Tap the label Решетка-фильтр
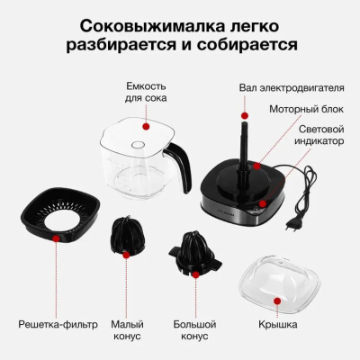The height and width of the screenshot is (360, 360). point(58,324)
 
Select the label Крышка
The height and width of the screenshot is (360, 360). point(278,324)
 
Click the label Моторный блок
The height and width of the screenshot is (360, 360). point(306,109)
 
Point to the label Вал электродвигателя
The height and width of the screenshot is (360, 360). point(292,88)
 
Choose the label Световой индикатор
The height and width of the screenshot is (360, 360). point(319,135)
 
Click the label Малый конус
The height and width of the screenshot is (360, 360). point(127,330)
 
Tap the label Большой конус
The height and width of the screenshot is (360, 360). point(194,330)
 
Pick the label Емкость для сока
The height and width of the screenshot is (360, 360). point(146,92)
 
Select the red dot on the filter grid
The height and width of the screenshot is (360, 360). point(56,238)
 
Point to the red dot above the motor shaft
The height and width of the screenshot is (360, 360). point(245,115)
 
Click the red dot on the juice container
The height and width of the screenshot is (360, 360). point(146,126)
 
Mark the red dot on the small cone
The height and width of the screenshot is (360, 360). point(126,255)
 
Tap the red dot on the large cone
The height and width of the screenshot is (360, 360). point(196,274)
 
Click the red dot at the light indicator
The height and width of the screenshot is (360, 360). point(263,204)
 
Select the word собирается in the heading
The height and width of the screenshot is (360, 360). point(247,46)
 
